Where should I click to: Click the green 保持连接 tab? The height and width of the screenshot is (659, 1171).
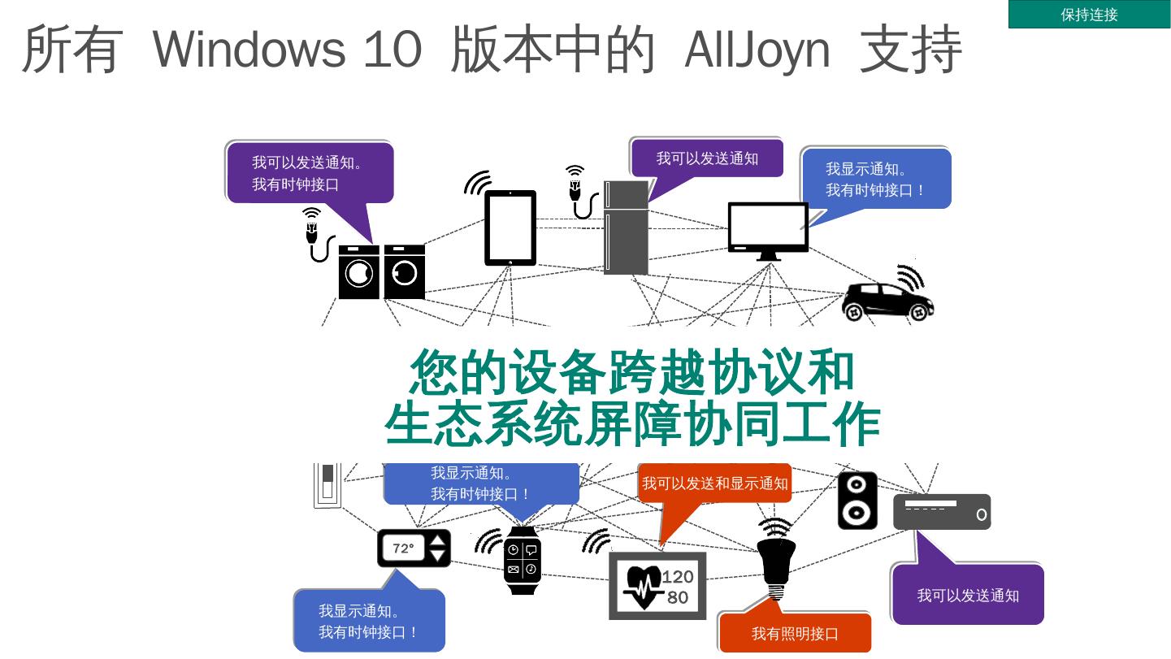[x=1089, y=15]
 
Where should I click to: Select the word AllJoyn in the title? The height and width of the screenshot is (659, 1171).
[x=757, y=49]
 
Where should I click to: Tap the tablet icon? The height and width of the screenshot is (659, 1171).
[x=510, y=228]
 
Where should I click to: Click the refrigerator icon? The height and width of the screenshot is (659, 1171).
[x=626, y=228]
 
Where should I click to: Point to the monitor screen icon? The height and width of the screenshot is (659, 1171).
[x=768, y=229]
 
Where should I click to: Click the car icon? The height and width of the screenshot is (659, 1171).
[x=887, y=301]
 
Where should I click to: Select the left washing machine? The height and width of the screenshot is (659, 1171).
[x=358, y=272]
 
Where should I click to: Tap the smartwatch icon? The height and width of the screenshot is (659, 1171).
[x=522, y=560]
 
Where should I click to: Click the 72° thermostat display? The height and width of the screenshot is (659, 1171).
[x=414, y=548]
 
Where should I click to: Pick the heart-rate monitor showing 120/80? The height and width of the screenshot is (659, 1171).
[x=657, y=586]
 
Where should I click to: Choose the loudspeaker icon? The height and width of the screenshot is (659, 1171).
[x=857, y=501]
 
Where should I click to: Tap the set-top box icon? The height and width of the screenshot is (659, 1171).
[x=942, y=512]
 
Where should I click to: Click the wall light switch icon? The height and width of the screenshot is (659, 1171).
[x=327, y=485]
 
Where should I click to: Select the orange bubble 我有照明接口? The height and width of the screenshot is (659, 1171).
[x=794, y=633]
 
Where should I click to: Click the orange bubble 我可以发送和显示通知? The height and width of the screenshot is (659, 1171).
[x=714, y=483]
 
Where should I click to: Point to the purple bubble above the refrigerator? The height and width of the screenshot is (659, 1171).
[x=707, y=158]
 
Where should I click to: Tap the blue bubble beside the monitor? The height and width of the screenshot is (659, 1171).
[x=875, y=179]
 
